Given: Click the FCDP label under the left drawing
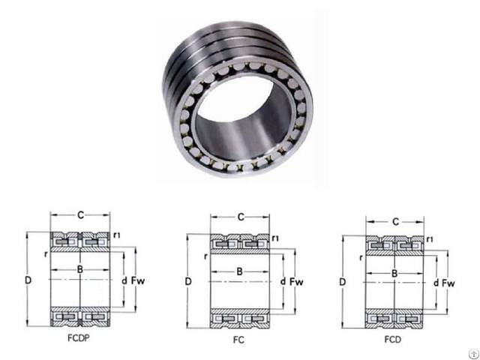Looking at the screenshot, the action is (79, 338).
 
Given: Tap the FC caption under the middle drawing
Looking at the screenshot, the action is (238, 340).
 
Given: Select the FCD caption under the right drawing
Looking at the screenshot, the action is (393, 340).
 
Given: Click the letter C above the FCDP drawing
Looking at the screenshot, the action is (80, 215).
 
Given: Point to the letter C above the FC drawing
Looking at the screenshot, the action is (241, 217).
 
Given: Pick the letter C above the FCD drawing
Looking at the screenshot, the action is (396, 222).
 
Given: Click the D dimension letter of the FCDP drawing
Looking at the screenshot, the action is (28, 280).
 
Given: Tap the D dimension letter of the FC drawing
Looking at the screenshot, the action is (188, 281).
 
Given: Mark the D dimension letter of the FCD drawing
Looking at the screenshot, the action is (343, 282).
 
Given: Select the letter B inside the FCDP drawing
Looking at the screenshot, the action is (80, 269).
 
